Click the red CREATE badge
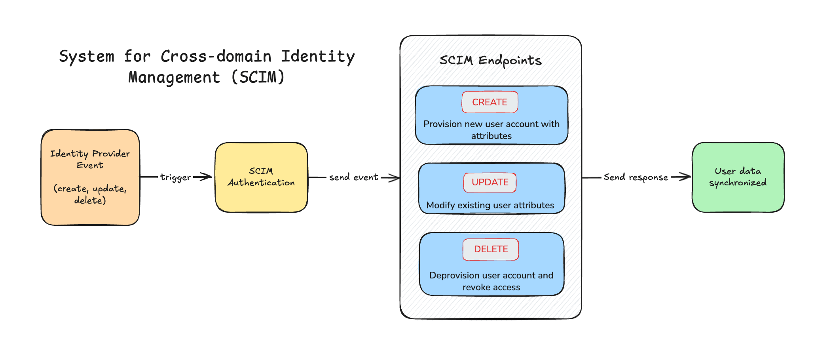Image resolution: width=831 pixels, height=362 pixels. [x=489, y=102]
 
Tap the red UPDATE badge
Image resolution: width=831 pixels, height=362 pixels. [x=490, y=182]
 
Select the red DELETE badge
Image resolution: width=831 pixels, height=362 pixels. [x=491, y=249]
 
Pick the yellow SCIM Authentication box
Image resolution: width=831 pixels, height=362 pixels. [x=261, y=177]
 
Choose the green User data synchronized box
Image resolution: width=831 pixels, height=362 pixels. [x=738, y=177]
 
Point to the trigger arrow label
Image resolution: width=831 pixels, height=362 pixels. [x=175, y=177]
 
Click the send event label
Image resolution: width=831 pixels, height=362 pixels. [x=353, y=177]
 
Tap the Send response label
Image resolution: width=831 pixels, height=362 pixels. [x=636, y=177]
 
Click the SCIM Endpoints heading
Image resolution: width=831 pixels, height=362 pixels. [x=490, y=60]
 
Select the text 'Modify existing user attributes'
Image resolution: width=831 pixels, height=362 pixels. [x=490, y=205]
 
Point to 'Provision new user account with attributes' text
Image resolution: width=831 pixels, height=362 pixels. [x=491, y=130]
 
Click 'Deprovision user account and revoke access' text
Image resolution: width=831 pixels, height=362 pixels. [x=491, y=281]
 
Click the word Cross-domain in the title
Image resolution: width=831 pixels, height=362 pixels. [x=216, y=56]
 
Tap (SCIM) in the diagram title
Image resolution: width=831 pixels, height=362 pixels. [x=258, y=77]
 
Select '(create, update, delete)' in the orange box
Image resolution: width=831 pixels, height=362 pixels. [x=90, y=194]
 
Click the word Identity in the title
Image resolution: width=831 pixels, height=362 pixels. [x=318, y=56]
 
